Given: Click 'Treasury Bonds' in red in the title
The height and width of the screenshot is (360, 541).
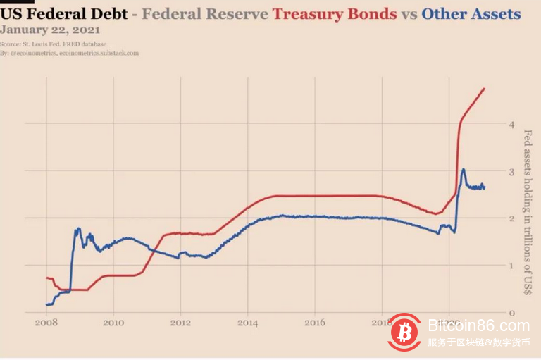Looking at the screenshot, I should [x=335, y=14].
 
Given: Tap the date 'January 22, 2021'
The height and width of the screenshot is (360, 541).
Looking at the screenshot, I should [x=50, y=30].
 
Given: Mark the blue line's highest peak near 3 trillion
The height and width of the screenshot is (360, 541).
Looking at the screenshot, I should [x=463, y=169].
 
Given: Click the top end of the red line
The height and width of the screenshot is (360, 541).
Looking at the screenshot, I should [x=485, y=89].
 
